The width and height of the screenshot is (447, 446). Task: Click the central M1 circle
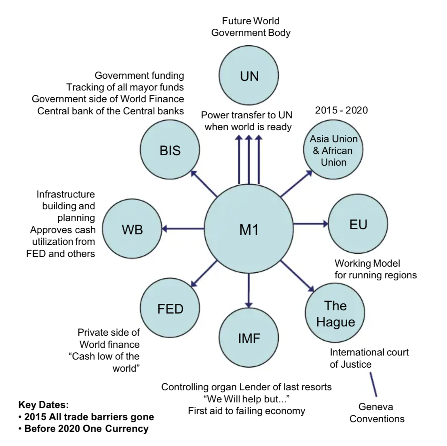(x=249, y=229)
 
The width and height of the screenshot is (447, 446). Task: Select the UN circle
(x=249, y=76)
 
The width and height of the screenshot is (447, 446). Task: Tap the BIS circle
(x=170, y=150)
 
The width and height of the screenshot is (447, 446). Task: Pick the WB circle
(x=132, y=229)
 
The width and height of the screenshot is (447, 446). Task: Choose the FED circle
(x=170, y=309)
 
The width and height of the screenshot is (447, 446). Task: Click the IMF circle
(x=249, y=338)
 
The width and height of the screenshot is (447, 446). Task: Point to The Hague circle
(x=335, y=313)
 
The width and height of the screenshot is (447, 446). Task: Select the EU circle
(x=358, y=224)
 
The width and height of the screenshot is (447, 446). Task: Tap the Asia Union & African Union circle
(x=333, y=150)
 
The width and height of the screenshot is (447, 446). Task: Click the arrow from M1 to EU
(x=310, y=223)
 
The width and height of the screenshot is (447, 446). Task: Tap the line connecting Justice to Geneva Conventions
(x=373, y=384)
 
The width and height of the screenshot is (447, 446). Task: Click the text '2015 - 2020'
(x=342, y=110)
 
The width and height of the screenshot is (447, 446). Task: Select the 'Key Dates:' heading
(x=44, y=405)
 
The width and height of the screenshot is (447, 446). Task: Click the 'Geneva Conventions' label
(x=377, y=413)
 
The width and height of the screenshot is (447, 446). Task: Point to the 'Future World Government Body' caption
(x=251, y=27)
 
